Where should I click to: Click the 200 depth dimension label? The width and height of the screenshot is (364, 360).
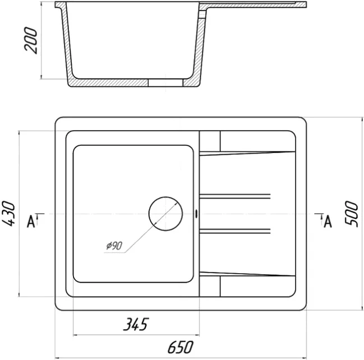pos(31,40)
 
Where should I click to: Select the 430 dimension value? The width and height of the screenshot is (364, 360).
pos(8,214)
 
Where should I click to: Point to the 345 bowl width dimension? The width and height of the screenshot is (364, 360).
pos(136,324)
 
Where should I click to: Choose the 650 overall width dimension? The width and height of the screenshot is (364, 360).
pos(181,347)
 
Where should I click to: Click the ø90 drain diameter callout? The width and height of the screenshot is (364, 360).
pos(114,246)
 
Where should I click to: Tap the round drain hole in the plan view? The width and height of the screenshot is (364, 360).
pos(165,214)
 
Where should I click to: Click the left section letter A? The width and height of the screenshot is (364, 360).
pos(31,221)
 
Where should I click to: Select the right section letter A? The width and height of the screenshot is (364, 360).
pos(328,221)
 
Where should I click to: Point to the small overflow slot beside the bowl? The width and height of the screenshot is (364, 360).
pos(197,214)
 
